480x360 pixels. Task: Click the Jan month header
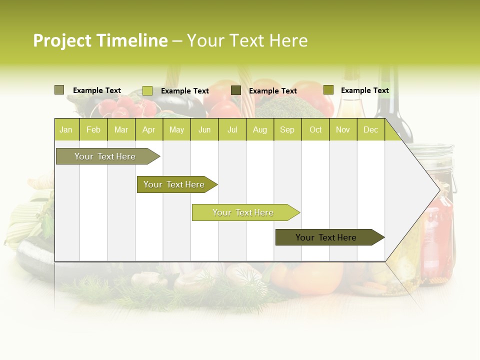click(66, 129)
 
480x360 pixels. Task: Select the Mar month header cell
click(121, 129)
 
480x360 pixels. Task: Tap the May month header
click(176, 129)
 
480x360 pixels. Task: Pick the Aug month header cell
click(259, 129)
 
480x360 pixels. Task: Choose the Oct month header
click(315, 129)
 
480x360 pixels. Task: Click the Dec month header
click(370, 129)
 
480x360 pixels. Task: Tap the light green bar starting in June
click(243, 212)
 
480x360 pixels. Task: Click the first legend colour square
click(59, 90)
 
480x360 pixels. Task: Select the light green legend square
click(147, 90)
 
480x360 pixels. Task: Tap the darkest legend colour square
click(236, 90)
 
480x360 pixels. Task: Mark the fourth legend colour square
click(328, 90)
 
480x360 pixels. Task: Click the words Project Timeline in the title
click(100, 40)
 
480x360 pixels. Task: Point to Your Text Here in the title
click(247, 40)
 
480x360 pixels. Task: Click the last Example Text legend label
click(364, 90)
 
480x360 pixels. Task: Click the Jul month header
click(232, 129)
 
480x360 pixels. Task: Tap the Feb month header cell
click(93, 129)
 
